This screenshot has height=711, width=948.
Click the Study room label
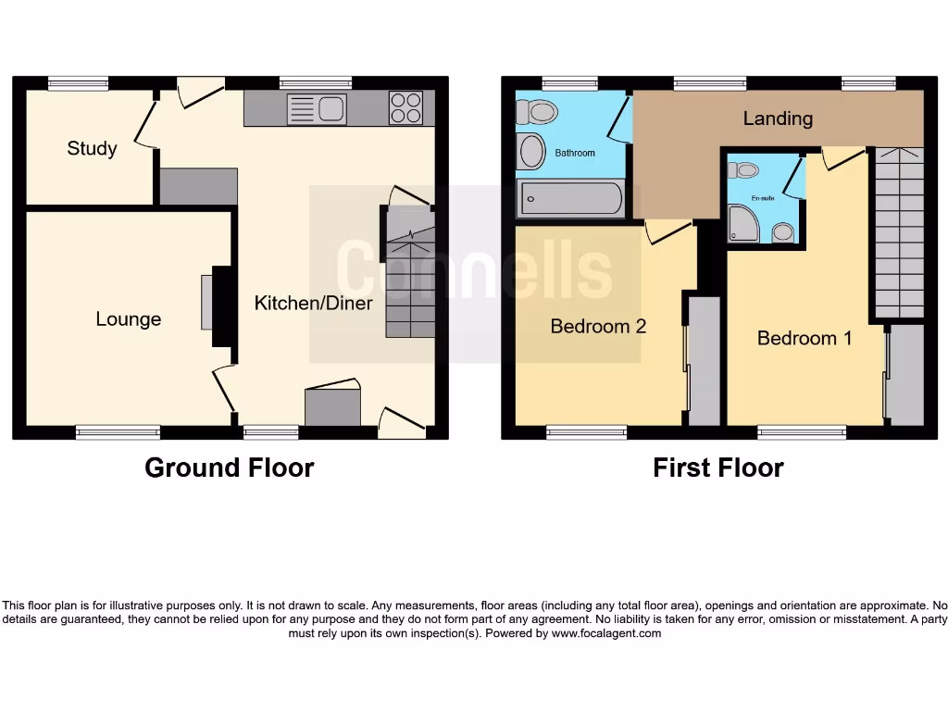pos(92,148)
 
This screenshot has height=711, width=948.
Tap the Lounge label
pos(129,319)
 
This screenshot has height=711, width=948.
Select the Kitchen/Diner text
pos(314,303)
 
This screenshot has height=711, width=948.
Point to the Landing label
pos(778,118)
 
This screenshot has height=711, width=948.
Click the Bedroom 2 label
pos(598,326)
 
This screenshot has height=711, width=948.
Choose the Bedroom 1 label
pos(805,338)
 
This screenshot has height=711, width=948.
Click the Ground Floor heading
pos(229,468)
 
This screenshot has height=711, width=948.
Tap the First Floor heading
pos(717,468)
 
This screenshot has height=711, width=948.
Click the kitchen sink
pos(317,109)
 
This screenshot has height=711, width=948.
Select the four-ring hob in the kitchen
pos(405,108)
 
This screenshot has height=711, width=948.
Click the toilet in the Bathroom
pos(537,112)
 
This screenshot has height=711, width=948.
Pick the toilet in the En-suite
pos(743,170)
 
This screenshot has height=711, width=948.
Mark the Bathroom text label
pos(575,153)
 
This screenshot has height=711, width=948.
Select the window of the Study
pos(77,83)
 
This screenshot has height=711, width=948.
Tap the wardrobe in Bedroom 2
pos(705,361)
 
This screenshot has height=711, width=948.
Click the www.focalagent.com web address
pos(606,634)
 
